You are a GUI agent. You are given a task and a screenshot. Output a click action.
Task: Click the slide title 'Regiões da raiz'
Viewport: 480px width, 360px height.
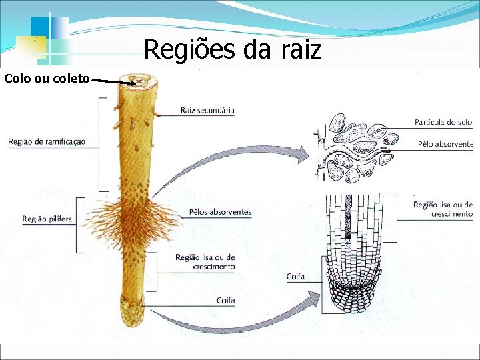tap(232, 49)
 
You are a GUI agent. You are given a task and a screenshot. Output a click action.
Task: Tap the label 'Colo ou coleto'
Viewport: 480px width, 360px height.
tap(47, 79)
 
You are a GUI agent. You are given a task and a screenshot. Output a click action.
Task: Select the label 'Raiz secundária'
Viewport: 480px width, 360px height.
tap(207, 110)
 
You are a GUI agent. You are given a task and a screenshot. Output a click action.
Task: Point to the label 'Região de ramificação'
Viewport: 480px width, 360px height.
tap(47, 141)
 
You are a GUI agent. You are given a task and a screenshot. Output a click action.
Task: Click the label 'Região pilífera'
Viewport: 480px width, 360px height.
tap(47, 218)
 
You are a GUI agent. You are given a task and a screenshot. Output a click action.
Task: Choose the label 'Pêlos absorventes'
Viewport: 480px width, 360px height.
tap(220, 212)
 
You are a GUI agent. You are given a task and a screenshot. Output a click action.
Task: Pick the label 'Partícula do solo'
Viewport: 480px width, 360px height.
tap(443, 122)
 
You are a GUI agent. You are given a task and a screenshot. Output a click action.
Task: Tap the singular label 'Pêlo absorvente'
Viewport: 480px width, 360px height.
tap(445, 144)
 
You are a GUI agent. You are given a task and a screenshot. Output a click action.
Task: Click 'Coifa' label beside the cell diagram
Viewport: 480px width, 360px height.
tap(295, 276)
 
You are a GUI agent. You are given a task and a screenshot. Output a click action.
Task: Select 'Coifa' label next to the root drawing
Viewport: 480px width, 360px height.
tap(225, 301)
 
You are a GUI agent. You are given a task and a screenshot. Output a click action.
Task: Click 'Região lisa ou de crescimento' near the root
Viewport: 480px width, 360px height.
tap(205, 262)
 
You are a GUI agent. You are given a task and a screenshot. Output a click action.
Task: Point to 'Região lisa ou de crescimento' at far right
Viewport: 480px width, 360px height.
tap(443, 209)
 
